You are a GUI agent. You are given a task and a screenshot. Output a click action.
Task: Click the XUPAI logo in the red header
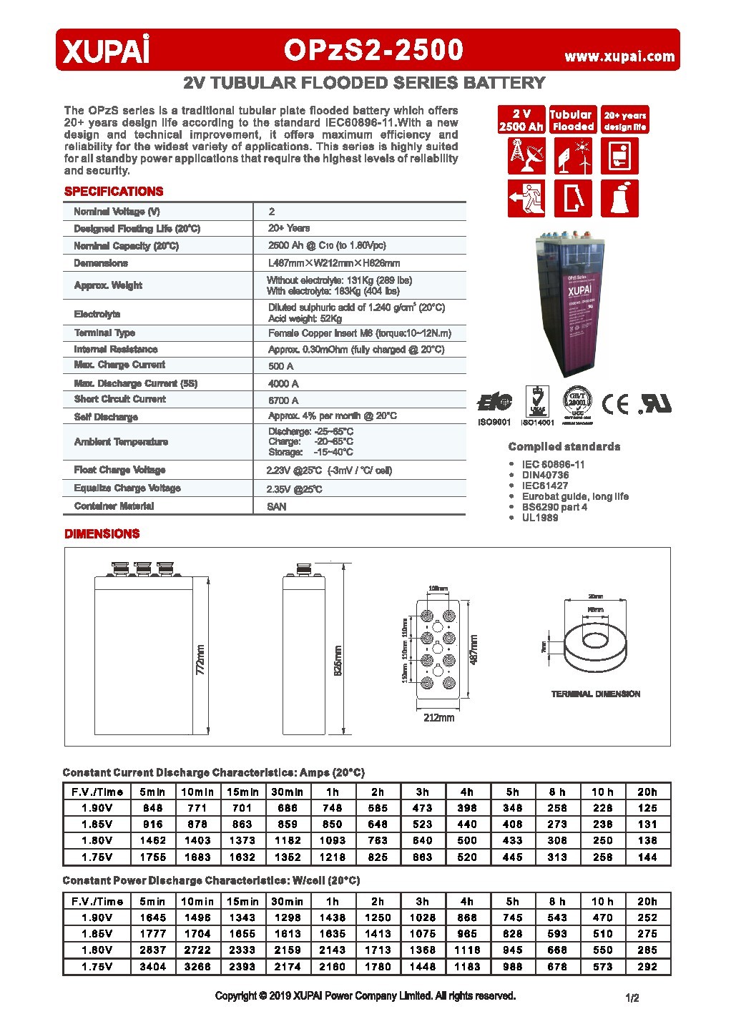[107, 51]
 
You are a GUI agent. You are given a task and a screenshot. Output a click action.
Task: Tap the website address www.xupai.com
[619, 56]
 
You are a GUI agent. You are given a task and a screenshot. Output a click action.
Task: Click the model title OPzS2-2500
[373, 50]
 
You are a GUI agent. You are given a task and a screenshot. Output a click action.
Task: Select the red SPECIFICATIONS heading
[114, 192]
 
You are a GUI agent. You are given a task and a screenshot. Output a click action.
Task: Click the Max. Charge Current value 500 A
[281, 366]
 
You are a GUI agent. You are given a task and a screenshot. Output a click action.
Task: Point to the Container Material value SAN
[277, 506]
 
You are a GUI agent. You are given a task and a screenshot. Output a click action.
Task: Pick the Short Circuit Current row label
[120, 400]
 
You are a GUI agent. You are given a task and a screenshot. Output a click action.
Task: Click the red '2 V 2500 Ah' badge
[521, 120]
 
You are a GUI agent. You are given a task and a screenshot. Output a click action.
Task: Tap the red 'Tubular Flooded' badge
[571, 120]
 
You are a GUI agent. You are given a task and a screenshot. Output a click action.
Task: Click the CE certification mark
[615, 404]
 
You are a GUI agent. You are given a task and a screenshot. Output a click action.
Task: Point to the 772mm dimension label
[201, 659]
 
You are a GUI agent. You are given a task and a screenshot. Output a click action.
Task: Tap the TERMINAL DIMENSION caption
[595, 694]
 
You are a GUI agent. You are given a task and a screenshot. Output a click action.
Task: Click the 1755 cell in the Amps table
[152, 857]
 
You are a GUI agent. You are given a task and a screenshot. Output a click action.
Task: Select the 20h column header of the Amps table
[647, 792]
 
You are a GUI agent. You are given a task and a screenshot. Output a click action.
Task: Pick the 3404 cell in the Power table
[152, 966]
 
